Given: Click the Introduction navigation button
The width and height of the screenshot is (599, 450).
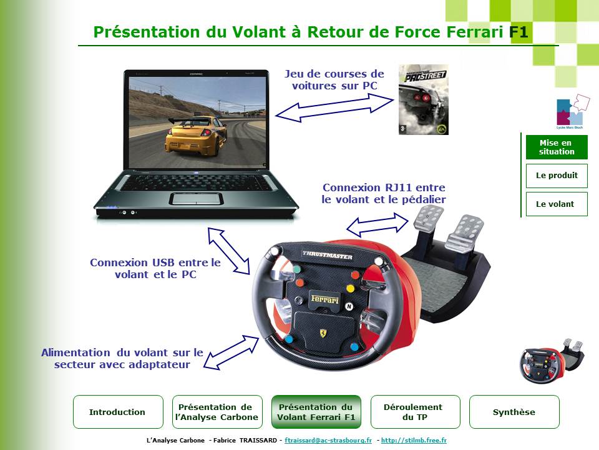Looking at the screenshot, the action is pyautogui.click(x=118, y=412).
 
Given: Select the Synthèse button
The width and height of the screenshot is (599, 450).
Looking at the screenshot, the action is pyautogui.click(x=514, y=412).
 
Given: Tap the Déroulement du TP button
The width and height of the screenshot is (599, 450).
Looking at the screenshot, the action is pyautogui.click(x=416, y=412).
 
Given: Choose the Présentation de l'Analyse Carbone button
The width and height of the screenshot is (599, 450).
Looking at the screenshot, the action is pyautogui.click(x=217, y=412).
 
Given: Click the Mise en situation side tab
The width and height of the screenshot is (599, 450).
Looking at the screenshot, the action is pyautogui.click(x=557, y=147).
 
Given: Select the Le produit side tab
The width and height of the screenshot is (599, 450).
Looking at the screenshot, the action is pyautogui.click(x=557, y=176).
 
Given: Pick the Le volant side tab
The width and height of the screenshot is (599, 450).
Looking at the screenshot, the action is pyautogui.click(x=557, y=204).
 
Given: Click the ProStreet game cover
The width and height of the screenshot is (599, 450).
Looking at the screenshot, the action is pyautogui.click(x=423, y=99).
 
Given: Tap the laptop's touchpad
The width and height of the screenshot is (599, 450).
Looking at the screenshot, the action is pyautogui.click(x=196, y=199).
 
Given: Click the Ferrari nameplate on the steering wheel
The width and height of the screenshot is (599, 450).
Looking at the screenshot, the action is pyautogui.click(x=324, y=299).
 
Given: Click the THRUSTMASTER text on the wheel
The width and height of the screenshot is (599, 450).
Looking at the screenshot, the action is pyautogui.click(x=328, y=255).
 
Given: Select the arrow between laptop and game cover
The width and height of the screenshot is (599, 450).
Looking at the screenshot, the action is pyautogui.click(x=334, y=108).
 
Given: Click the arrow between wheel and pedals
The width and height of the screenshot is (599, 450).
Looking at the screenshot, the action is pyautogui.click(x=377, y=225).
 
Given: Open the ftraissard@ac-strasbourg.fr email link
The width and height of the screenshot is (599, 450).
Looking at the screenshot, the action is pyautogui.click(x=328, y=440).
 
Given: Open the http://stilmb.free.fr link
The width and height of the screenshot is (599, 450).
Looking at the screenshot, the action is pyautogui.click(x=414, y=440).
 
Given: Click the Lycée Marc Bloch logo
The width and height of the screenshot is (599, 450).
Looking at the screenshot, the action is pyautogui.click(x=571, y=112).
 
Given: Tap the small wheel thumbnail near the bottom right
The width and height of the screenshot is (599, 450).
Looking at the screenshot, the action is pyautogui.click(x=551, y=361).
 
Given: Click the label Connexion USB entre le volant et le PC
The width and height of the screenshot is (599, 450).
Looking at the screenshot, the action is pyautogui.click(x=155, y=268).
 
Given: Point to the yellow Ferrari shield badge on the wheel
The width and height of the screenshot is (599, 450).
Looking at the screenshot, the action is pyautogui.click(x=324, y=332).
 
